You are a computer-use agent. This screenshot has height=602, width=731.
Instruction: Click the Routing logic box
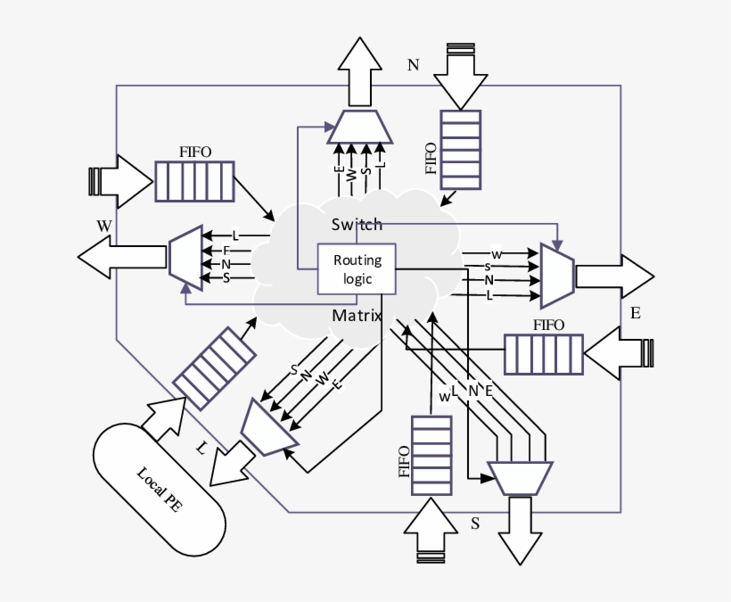(357, 269)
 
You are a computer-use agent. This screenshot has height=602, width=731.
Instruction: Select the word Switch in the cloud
(357, 224)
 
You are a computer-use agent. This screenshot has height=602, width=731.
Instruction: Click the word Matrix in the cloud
(357, 316)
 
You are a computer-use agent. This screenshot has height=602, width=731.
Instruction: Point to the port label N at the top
(412, 64)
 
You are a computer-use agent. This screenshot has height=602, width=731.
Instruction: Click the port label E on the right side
(635, 313)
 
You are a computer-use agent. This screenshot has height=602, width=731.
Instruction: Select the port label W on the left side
(104, 226)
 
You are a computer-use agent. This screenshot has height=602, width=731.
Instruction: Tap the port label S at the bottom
(475, 524)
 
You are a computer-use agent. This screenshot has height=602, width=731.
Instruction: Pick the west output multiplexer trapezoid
(185, 259)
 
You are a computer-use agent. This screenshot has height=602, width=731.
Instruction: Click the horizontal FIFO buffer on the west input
(194, 181)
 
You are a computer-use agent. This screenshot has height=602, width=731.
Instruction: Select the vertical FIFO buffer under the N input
(461, 149)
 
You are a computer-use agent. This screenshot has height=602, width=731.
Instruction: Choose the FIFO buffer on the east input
(544, 353)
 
